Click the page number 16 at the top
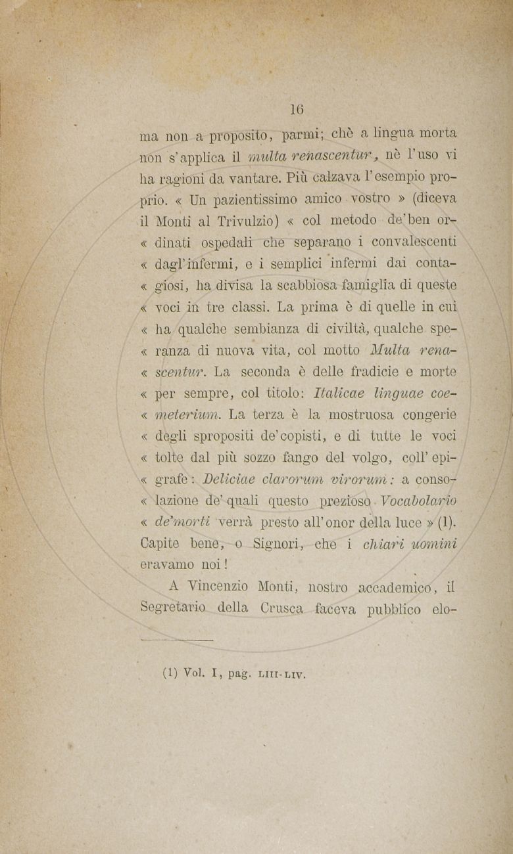click(x=297, y=110)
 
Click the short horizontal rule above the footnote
click(x=178, y=639)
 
